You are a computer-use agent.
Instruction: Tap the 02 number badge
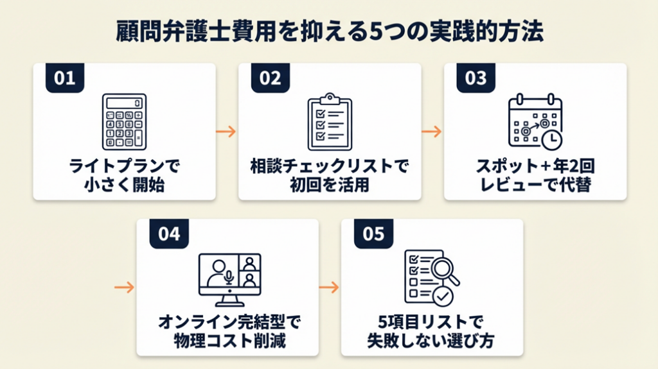coord(271,78)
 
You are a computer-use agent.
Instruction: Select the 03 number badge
coord(476,78)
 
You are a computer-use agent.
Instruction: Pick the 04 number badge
coord(169,234)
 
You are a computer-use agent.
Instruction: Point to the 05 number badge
coord(373,234)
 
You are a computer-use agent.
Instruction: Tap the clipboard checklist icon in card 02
coord(330,121)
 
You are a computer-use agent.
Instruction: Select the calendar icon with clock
coord(535,121)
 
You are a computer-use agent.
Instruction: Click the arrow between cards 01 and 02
coord(226,132)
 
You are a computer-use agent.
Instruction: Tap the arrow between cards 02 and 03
coord(431,132)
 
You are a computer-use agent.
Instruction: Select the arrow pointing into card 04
coord(124,287)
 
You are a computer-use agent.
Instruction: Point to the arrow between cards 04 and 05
coord(329,287)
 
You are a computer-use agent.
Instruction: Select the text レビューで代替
coord(535,185)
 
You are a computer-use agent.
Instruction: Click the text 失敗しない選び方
coord(432,339)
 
